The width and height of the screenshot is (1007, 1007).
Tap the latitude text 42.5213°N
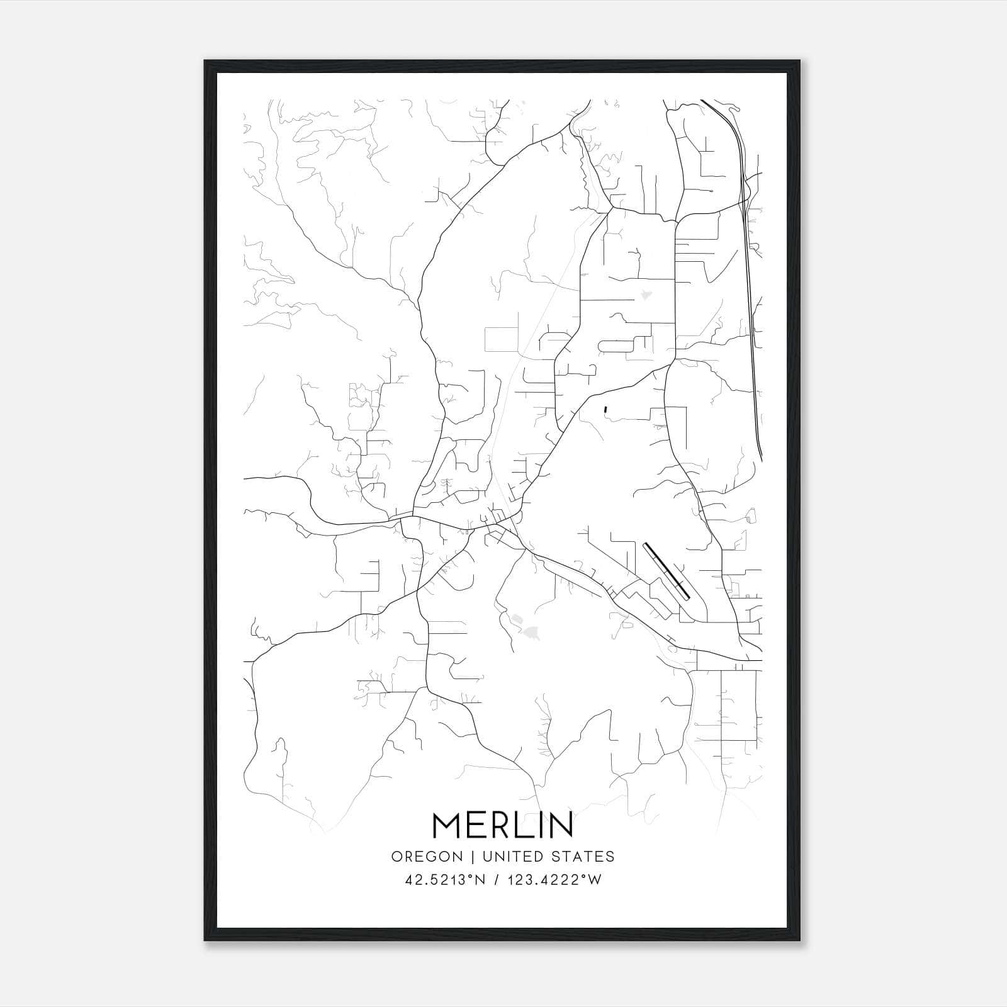(x=446, y=880)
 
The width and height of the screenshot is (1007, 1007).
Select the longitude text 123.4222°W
(x=556, y=880)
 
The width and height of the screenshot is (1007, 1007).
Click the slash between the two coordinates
(x=497, y=880)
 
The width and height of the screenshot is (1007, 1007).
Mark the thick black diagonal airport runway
(x=667, y=571)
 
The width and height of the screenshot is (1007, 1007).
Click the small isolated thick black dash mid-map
(x=605, y=410)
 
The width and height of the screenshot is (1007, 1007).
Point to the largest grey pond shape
(x=530, y=633)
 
